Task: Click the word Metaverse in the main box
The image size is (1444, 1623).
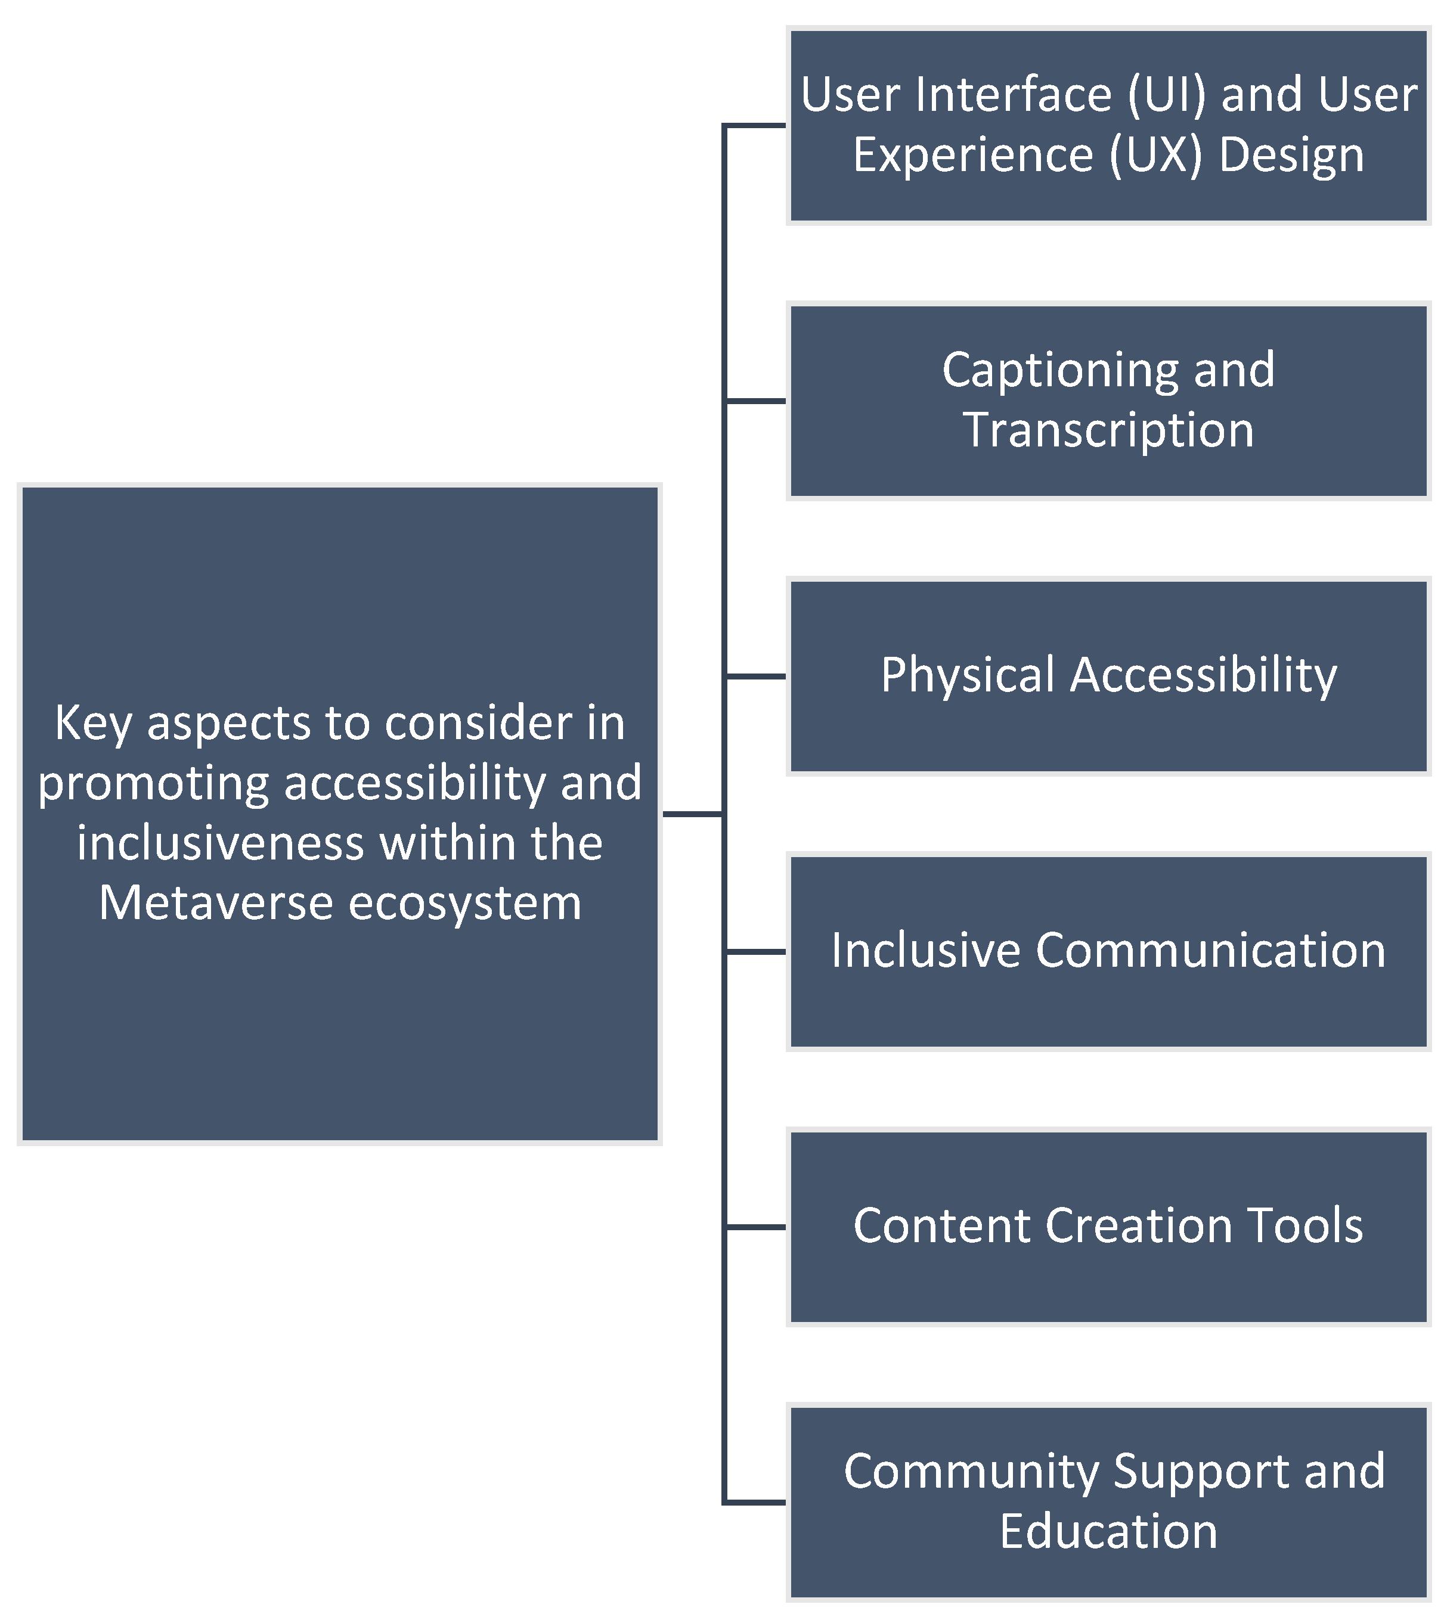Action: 215,903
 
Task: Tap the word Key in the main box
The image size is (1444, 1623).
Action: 93,724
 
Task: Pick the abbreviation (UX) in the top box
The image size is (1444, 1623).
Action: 1155,155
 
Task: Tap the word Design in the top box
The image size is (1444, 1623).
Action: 1291,155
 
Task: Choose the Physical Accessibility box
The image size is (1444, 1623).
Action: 1109,676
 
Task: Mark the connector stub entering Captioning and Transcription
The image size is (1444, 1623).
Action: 755,401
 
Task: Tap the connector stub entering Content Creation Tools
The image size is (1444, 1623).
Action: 755,1227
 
